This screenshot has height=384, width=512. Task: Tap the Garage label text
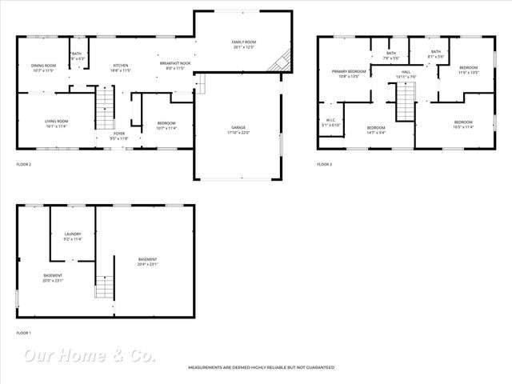238,130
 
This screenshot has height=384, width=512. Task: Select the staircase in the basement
105,286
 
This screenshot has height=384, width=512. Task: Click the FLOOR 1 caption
24,333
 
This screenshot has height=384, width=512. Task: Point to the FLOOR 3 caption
324,164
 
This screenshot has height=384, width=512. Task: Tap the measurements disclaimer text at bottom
261,367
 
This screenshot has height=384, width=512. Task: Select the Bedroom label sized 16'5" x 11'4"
463,126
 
